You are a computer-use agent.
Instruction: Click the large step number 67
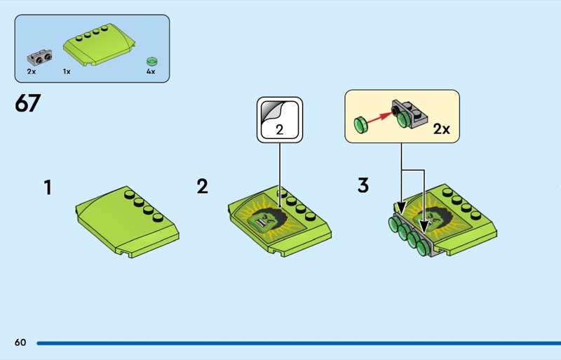point(27,103)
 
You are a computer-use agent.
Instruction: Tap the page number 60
point(20,342)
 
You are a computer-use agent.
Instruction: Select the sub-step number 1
point(48,187)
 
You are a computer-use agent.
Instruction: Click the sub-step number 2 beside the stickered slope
point(202,186)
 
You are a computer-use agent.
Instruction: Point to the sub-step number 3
point(363,185)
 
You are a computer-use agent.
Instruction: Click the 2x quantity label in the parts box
point(32,72)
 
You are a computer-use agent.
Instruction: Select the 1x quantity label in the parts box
point(67,72)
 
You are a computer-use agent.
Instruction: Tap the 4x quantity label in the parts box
point(151,72)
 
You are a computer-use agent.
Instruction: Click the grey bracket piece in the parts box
point(39,58)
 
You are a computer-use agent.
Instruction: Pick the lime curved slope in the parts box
point(99,45)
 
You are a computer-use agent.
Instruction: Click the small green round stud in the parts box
point(152,61)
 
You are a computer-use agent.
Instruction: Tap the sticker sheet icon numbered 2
point(280,119)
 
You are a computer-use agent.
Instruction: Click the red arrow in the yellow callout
point(379,118)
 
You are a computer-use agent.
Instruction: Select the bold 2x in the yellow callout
point(442,128)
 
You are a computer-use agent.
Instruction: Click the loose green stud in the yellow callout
point(360,125)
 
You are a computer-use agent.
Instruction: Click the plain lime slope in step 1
point(128,221)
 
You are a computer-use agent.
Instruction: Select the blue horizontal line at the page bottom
point(299,343)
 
